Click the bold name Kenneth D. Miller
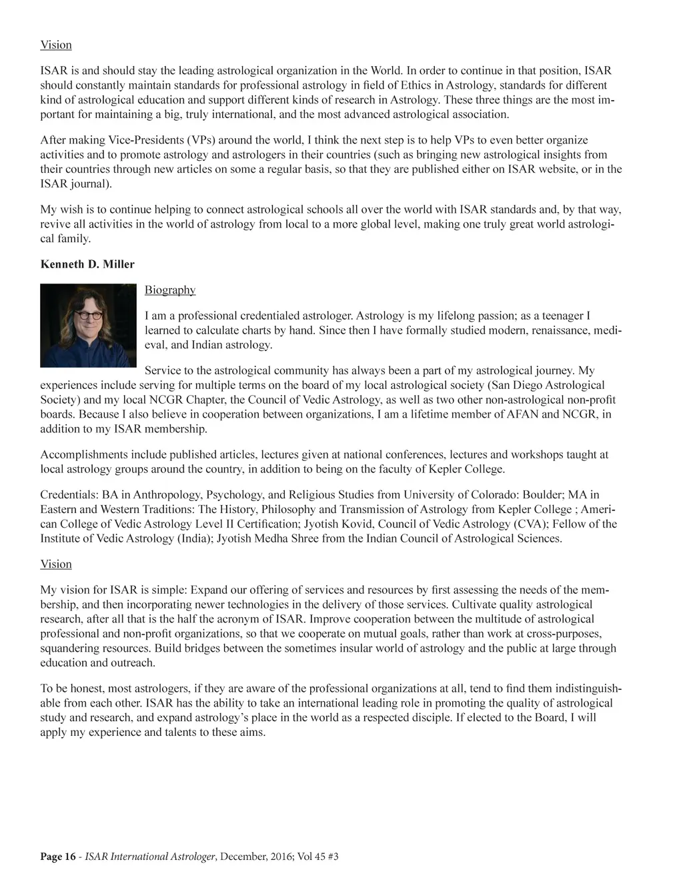[x=87, y=264]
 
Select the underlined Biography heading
[x=170, y=290]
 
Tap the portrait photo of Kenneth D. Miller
[x=88, y=325]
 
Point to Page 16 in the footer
[x=58, y=857]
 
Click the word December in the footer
[x=243, y=857]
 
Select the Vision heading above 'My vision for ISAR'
[x=56, y=564]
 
